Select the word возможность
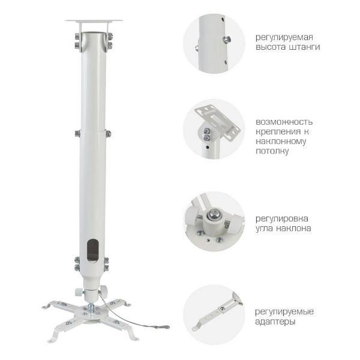pos(284,121)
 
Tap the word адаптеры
pos(275,322)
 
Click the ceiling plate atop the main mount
pos(93,22)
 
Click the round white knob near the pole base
pos(79,292)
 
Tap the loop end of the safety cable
pos(160,327)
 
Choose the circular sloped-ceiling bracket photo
pos(214,129)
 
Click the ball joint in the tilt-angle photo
pos(213,214)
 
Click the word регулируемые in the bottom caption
pos(284,312)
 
